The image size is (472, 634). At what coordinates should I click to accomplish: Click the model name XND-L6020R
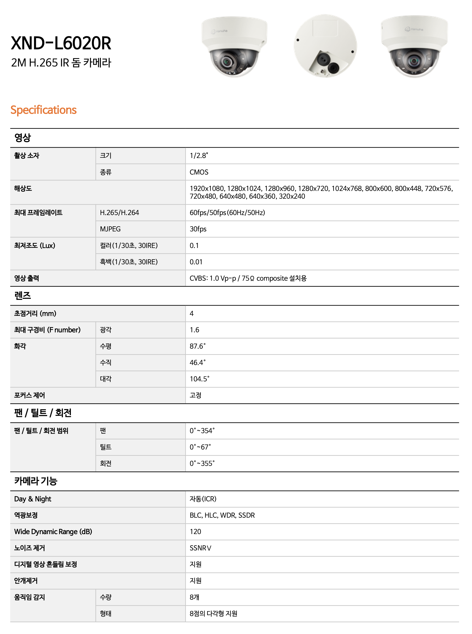tap(61, 43)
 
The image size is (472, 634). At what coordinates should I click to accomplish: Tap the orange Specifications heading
tap(43, 110)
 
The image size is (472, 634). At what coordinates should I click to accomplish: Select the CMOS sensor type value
tap(199, 172)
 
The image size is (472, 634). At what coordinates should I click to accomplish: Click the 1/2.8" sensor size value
tap(199, 155)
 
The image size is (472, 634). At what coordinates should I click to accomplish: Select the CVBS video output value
tap(248, 278)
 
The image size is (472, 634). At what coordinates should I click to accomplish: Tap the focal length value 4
tap(191, 313)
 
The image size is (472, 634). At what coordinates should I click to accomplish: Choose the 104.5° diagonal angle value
tap(199, 379)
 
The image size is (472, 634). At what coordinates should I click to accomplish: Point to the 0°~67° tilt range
tap(200, 447)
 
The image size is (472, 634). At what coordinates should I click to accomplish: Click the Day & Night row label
tap(33, 499)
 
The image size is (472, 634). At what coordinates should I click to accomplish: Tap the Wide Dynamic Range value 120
tap(195, 531)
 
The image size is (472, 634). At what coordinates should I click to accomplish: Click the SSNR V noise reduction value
tap(200, 548)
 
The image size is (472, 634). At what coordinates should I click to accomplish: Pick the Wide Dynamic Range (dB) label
tap(53, 531)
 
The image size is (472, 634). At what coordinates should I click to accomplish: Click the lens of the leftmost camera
tap(227, 61)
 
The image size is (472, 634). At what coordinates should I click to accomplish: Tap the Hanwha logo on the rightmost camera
tap(414, 29)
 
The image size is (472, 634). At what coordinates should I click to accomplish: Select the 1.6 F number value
tap(194, 330)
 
